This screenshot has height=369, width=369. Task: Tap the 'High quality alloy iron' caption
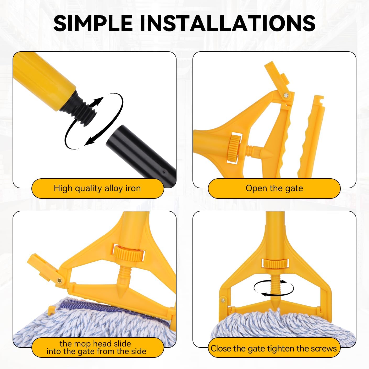97,188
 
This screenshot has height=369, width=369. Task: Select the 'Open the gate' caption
274,188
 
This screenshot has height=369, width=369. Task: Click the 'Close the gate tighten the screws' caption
274,349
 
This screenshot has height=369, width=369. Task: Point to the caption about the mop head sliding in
96,348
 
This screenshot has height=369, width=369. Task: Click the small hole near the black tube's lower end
164,172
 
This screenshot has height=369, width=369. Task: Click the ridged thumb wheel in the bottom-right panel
274,263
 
